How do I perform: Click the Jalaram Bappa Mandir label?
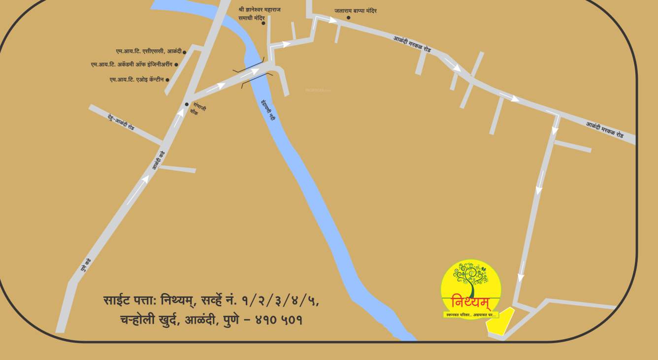click(355, 10)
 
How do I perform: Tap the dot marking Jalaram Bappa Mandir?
click(348, 18)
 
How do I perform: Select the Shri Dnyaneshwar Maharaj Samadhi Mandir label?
click(259, 13)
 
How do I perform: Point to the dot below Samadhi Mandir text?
click(263, 23)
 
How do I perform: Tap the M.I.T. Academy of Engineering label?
click(132, 65)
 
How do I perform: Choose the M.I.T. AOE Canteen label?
click(136, 79)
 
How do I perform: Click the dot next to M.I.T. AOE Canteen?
click(167, 80)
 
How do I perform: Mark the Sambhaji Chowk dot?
click(187, 104)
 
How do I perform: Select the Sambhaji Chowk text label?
click(198, 110)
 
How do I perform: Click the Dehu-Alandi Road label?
click(121, 121)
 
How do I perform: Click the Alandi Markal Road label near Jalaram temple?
click(412, 44)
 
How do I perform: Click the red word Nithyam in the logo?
click(470, 302)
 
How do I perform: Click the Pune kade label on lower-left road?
click(86, 265)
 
